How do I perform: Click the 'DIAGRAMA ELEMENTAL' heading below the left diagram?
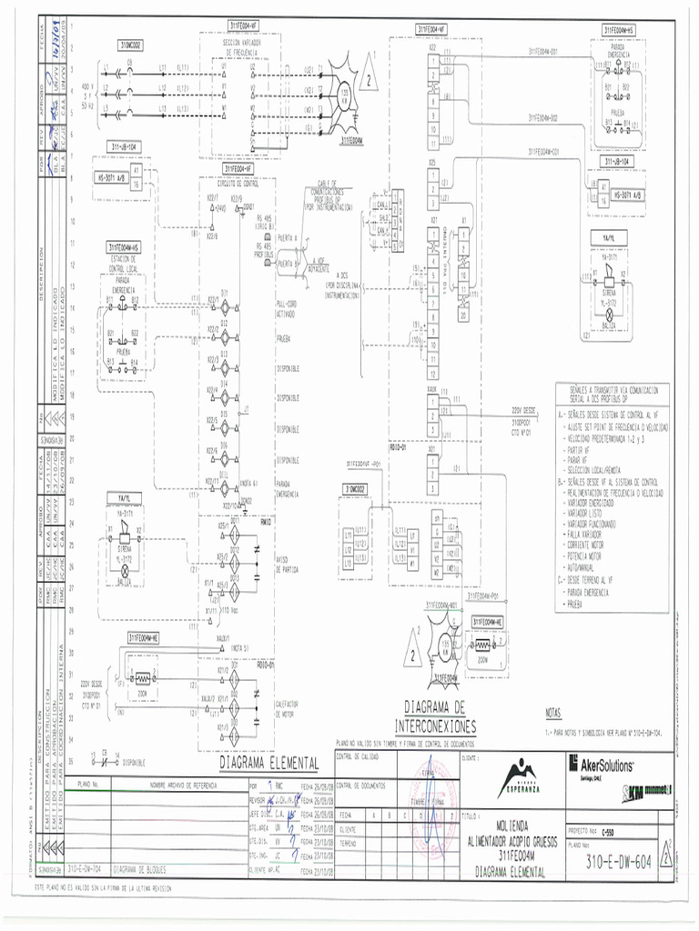(x=268, y=762)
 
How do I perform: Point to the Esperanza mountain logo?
(x=516, y=776)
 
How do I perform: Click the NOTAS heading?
(x=554, y=713)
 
